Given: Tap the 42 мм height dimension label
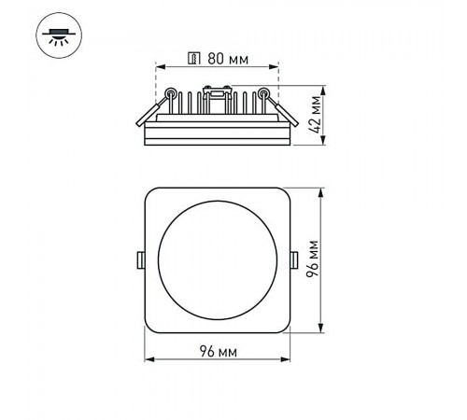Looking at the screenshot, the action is click(316, 115).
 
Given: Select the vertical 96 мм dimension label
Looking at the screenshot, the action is click(313, 259).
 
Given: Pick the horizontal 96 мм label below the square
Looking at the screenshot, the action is click(218, 351).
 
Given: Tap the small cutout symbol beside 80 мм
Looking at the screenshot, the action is click(194, 58).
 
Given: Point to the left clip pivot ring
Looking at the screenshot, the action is click(170, 92).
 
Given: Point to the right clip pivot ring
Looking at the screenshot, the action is click(263, 92).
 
